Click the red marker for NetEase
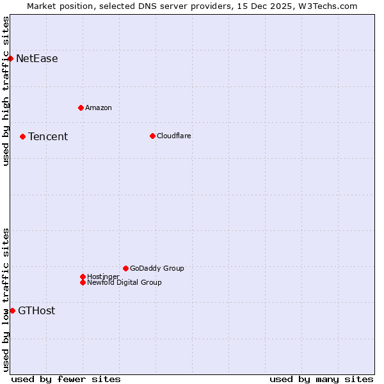(10, 59)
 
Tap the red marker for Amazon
(81, 108)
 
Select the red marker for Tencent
(22, 136)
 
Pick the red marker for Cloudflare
(152, 136)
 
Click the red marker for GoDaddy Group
(125, 268)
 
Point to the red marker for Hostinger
(83, 276)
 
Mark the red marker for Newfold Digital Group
(83, 282)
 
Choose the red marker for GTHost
(12, 310)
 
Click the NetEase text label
(37, 59)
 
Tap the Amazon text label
(99, 108)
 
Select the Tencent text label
(48, 136)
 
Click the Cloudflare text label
(174, 136)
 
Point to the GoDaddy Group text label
(157, 268)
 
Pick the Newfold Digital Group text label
(125, 282)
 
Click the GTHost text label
(36, 311)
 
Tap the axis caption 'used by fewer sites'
(66, 379)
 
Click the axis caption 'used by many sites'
(321, 379)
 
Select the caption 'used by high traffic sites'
(6, 91)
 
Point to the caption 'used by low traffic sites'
(6, 300)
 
